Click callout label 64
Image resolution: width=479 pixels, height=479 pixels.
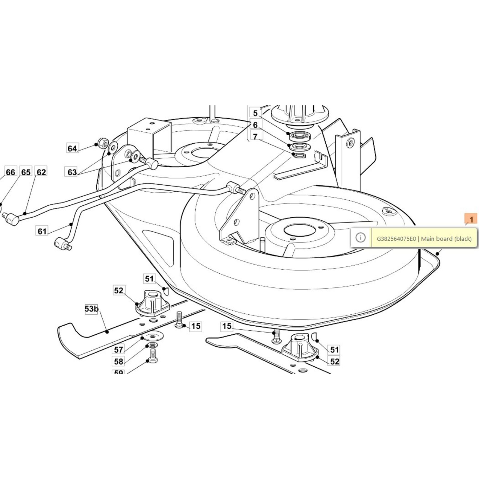point(72,148)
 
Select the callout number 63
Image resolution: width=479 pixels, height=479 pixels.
point(72,172)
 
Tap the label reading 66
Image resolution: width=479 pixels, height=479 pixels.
point(10,172)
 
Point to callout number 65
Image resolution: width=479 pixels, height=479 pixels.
point(26,172)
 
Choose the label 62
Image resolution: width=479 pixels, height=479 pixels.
point(41,172)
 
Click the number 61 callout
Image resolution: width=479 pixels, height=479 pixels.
point(42,231)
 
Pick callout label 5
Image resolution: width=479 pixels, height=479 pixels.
point(255,113)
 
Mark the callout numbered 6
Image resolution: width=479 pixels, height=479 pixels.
point(255,125)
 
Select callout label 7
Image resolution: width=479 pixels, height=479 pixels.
point(255,137)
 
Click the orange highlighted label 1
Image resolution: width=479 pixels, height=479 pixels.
point(471,219)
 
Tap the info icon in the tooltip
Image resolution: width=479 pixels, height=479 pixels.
point(360,238)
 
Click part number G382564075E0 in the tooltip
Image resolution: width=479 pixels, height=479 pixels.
point(396,239)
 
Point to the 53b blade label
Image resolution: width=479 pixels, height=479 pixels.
point(91,309)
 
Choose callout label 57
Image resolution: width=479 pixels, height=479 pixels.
point(119,349)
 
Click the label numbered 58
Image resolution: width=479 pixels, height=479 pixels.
point(119,361)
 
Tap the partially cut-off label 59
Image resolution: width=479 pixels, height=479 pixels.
point(119,372)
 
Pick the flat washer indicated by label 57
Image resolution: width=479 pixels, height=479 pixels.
point(153,337)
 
